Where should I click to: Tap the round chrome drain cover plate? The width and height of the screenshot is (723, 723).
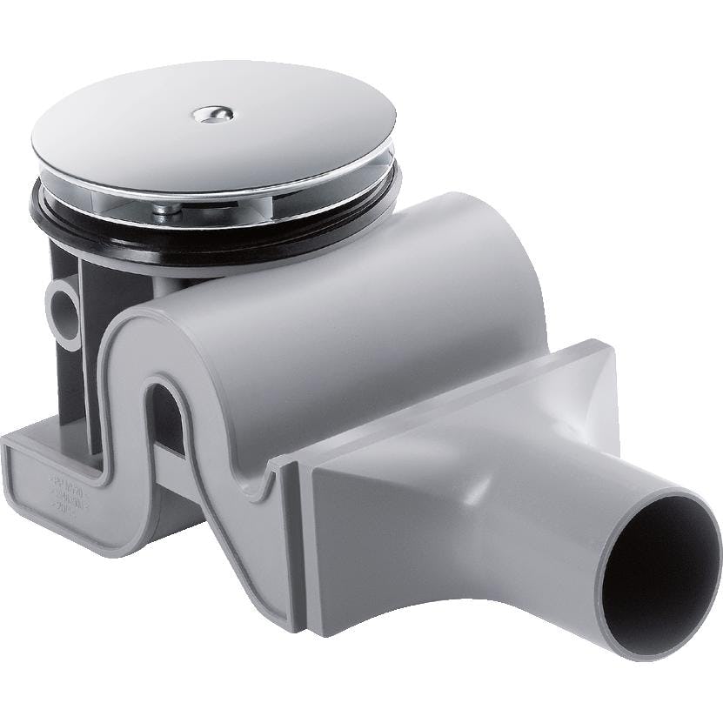tap(261, 131)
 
